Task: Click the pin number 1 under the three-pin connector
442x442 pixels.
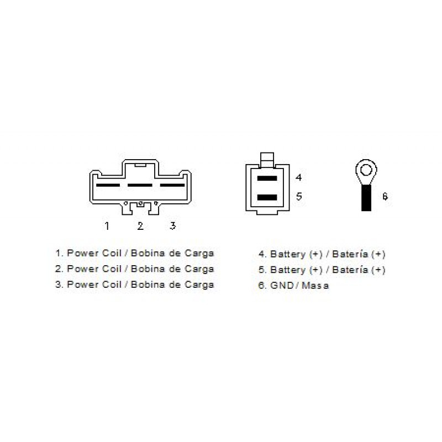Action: [107, 226]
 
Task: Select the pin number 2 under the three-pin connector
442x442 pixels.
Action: [140, 226]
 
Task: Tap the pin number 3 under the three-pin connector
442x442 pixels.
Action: [173, 225]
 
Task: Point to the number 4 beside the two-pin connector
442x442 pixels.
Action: [299, 177]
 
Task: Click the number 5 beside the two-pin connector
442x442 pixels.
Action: [299, 196]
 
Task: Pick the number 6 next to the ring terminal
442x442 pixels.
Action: [385, 196]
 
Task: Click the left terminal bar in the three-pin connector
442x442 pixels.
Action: [108, 185]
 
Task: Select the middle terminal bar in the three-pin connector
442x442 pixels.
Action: [140, 185]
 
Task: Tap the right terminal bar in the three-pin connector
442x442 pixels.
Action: [172, 185]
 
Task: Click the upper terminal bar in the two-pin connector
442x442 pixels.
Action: [267, 178]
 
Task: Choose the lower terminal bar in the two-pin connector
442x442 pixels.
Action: [267, 197]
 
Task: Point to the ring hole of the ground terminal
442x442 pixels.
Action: [366, 170]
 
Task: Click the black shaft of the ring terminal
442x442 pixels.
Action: [366, 198]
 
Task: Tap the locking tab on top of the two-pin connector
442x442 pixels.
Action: [267, 160]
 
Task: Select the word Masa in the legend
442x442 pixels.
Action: [315, 285]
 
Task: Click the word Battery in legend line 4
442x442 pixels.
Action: [288, 254]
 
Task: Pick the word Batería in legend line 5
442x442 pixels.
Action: [350, 270]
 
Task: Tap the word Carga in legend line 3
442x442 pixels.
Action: [199, 285]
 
